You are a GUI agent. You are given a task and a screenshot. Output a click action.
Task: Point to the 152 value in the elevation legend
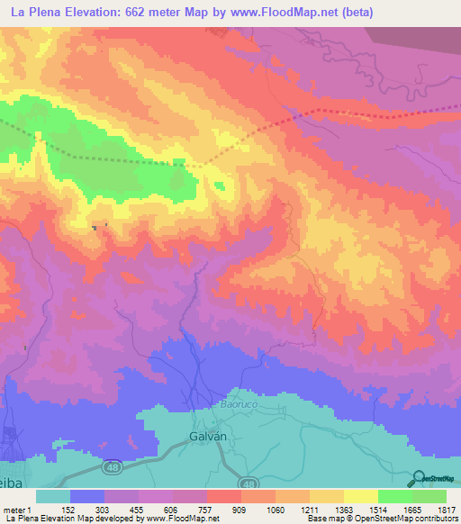68,510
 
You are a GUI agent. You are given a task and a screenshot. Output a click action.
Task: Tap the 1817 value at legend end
446,510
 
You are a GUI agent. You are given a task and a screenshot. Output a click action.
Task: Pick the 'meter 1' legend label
17,510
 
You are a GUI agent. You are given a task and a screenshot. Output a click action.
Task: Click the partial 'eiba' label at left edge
8,480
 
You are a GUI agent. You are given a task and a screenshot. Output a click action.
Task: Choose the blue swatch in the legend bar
87,496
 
